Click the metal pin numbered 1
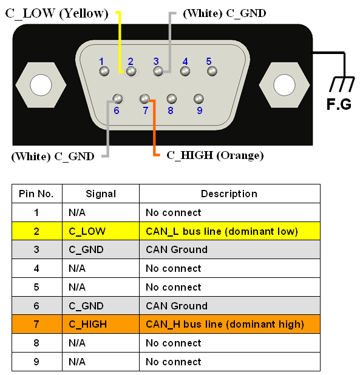(x=104, y=71)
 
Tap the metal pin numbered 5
(x=212, y=71)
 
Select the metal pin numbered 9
(x=199, y=98)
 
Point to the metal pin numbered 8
(x=172, y=98)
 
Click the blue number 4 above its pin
(x=185, y=61)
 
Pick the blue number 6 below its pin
(x=117, y=110)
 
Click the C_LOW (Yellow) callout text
(x=56, y=13)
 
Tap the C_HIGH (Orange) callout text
(x=215, y=155)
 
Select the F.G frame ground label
(x=339, y=104)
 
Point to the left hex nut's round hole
(x=41, y=85)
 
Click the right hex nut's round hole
(x=284, y=85)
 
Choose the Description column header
(x=229, y=194)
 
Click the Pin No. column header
(x=36, y=194)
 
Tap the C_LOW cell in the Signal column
(x=101, y=231)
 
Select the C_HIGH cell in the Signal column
(x=101, y=324)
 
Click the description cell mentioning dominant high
(x=229, y=324)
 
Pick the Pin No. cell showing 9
(x=37, y=362)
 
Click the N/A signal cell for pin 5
(x=101, y=287)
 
